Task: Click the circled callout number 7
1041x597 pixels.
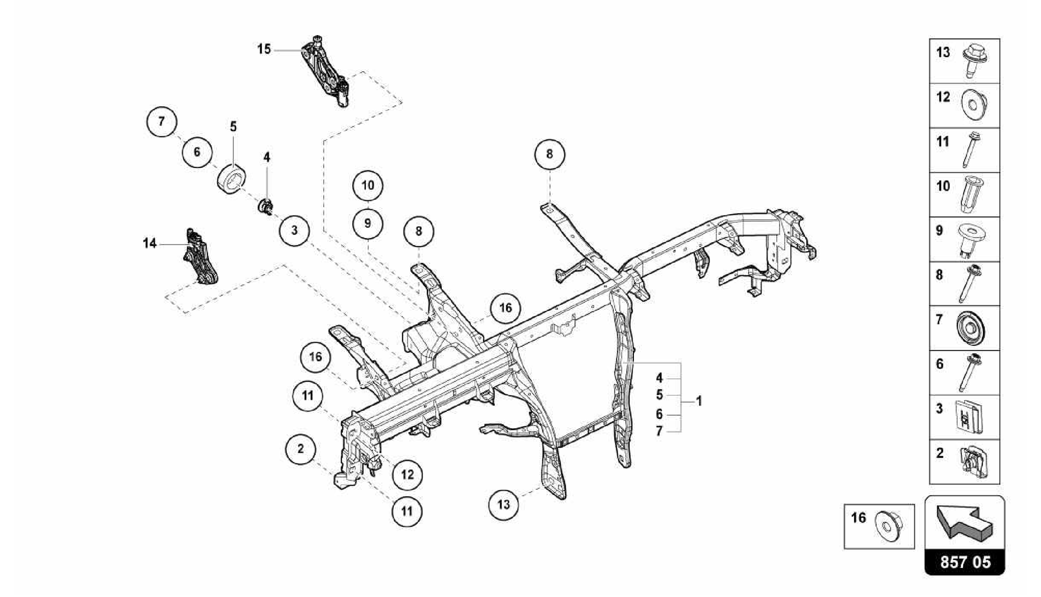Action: pos(161,122)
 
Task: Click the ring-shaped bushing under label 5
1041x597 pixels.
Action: pos(232,179)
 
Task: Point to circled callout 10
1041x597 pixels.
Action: pos(368,185)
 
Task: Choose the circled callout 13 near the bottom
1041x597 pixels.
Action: pos(503,504)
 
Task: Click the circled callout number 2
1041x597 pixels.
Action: pos(300,449)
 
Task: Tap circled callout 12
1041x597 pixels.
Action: pos(407,475)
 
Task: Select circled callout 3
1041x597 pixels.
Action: pos(294,230)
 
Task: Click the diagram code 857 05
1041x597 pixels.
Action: pos(965,562)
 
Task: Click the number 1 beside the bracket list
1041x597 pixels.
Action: pos(699,401)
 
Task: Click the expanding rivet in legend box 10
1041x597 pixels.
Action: pos(972,195)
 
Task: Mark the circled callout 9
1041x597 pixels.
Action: pos(368,223)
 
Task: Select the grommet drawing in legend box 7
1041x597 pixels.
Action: pos(971,329)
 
